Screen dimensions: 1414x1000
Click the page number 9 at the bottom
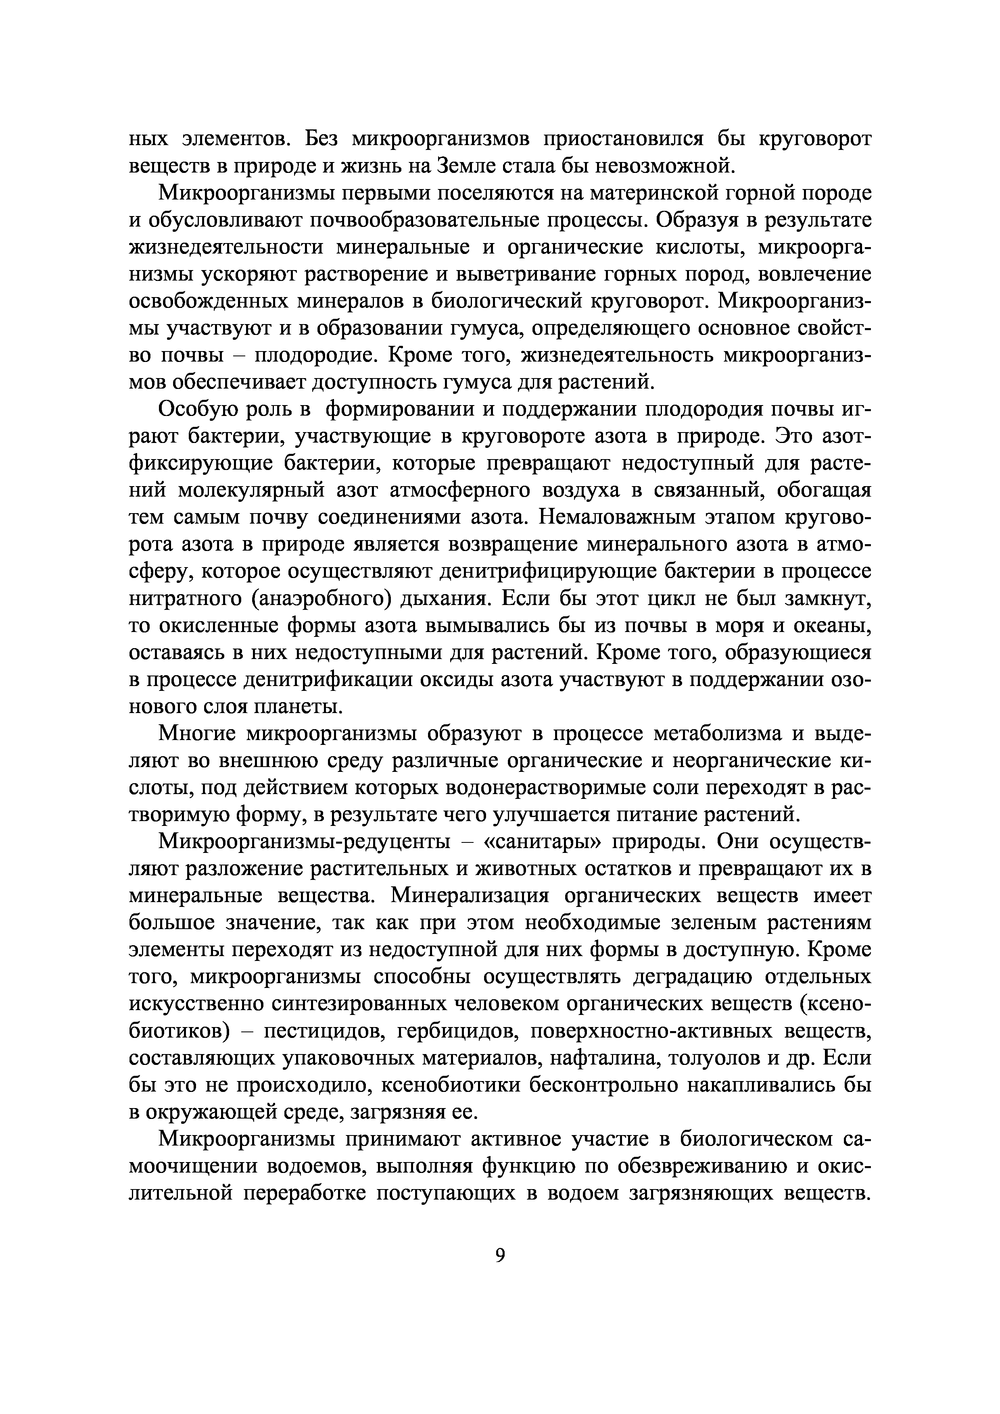500,1255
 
